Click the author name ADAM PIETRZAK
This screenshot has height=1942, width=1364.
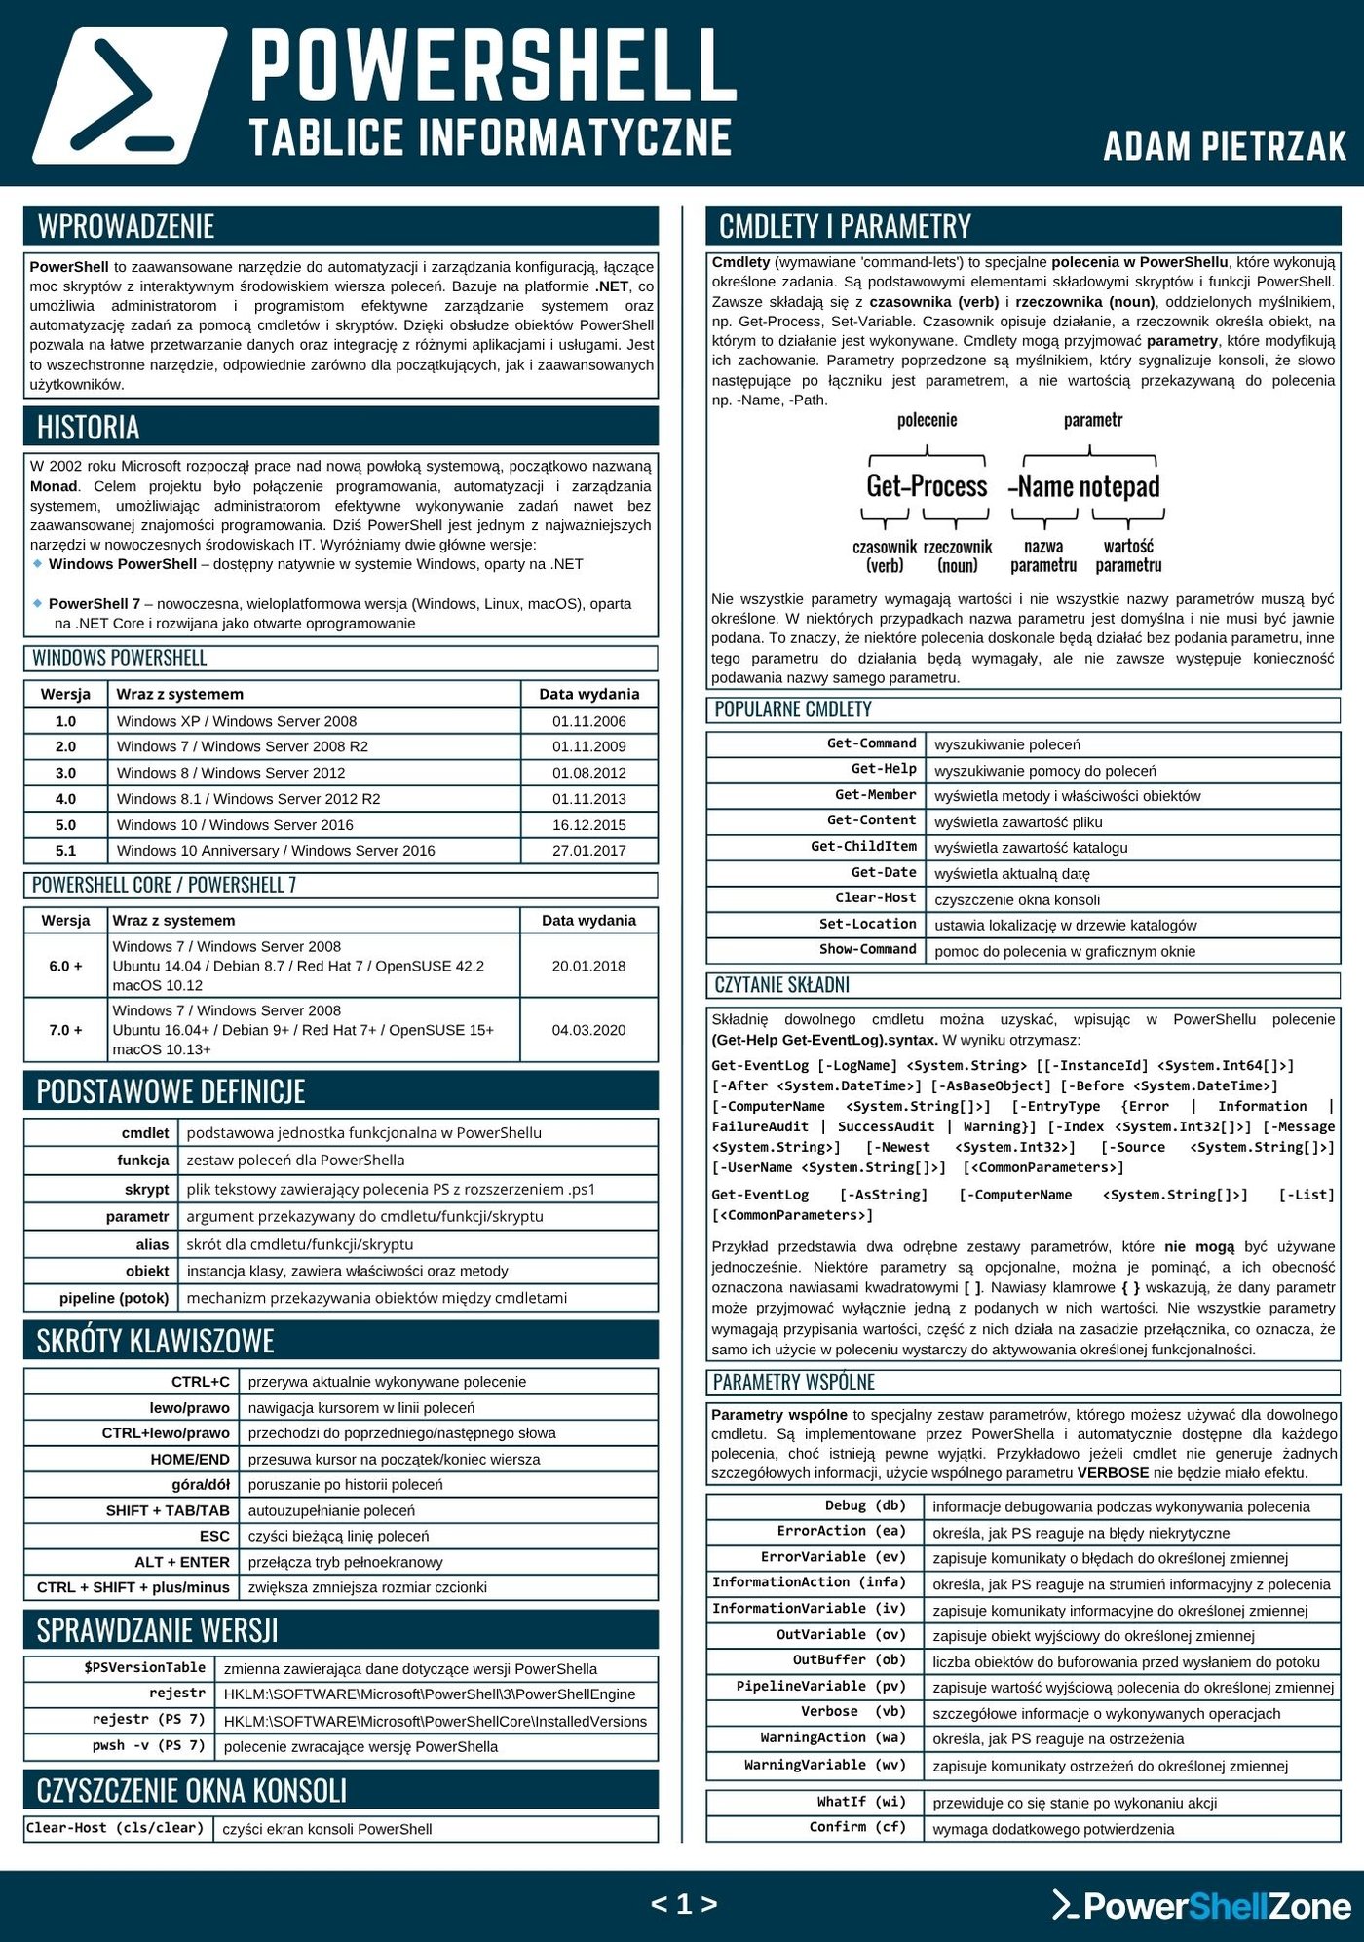[x=1225, y=146]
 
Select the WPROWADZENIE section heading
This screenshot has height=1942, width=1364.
[x=126, y=226]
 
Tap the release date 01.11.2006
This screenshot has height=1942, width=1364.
[x=588, y=721]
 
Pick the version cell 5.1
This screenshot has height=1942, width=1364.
[x=65, y=851]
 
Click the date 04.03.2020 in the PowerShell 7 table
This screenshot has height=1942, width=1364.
[x=588, y=1030]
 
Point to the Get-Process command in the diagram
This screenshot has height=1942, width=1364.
[x=927, y=486]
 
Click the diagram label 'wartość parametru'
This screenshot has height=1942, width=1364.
[x=1128, y=555]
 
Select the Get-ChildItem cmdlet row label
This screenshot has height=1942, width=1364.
[x=863, y=847]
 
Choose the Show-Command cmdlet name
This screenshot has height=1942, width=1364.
[x=867, y=950]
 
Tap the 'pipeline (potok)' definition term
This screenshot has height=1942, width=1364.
[x=114, y=1298]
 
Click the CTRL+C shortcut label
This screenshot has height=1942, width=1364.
[x=201, y=1382]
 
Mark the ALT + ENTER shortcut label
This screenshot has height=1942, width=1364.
[x=182, y=1562]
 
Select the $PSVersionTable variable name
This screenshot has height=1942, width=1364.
[x=144, y=1668]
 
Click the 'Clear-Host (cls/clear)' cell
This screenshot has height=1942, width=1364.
[x=115, y=1828]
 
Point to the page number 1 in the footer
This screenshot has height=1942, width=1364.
[x=684, y=1904]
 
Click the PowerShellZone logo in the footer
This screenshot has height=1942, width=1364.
[x=1202, y=1905]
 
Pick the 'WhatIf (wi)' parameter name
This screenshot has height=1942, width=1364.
[x=861, y=1802]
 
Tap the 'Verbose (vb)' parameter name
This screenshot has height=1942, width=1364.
[x=852, y=1712]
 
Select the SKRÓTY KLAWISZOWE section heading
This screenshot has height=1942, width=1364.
[x=156, y=1341]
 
